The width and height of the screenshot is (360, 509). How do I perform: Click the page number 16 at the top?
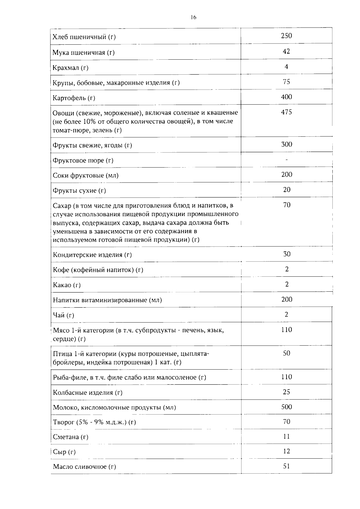(x=193, y=17)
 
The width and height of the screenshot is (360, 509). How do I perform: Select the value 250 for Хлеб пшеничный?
(x=286, y=36)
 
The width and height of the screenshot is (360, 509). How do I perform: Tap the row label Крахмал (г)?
(x=70, y=68)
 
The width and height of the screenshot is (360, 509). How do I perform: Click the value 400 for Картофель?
(x=286, y=97)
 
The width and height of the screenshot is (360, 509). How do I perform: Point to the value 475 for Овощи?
(x=286, y=112)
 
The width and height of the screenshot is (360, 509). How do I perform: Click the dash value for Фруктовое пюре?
(x=286, y=160)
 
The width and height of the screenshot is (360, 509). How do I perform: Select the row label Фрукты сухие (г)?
(x=79, y=191)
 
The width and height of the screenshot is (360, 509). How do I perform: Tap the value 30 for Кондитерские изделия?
(x=287, y=254)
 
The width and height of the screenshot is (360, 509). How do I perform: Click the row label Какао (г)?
(x=67, y=285)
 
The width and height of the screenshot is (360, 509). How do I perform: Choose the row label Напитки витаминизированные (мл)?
(x=107, y=300)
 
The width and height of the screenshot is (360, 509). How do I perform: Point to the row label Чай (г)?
(x=63, y=315)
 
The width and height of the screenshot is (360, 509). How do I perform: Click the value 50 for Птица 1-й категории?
(x=286, y=353)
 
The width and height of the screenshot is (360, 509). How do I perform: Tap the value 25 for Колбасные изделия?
(x=286, y=392)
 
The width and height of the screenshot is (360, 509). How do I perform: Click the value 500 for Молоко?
(x=286, y=407)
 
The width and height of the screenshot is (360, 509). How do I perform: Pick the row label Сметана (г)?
(x=70, y=437)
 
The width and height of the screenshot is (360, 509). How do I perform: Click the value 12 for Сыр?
(x=286, y=451)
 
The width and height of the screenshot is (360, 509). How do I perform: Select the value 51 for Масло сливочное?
(x=286, y=466)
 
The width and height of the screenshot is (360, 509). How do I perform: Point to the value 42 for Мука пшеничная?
(x=286, y=51)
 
